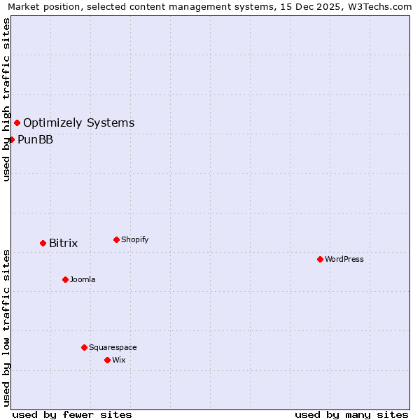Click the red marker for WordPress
320,259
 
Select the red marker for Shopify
116,239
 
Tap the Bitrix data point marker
43,243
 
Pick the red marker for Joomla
65,279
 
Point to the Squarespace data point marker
84,347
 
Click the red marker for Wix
107,360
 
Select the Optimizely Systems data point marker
17,122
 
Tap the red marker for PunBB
11,139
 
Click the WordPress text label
344,259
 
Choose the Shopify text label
135,239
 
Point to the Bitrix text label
64,244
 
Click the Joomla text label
83,279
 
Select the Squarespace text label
113,347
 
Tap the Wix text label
119,360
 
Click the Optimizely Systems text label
79,123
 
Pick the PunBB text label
36,139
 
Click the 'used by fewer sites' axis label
72,414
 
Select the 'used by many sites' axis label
351,414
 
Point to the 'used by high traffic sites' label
6,99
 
